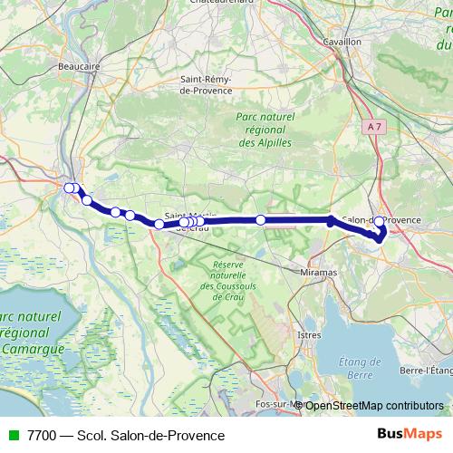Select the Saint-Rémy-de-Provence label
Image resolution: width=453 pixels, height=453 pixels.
click(x=207, y=84)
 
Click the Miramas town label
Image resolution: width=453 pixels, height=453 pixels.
click(x=316, y=272)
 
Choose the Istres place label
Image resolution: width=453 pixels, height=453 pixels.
click(x=309, y=334)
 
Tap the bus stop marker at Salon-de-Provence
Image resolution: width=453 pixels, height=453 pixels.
click(x=379, y=220)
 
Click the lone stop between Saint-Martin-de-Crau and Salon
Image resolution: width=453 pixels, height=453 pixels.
click(x=261, y=219)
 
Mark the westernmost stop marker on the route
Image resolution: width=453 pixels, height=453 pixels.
click(x=69, y=188)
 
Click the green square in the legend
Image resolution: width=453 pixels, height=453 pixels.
click(x=11, y=435)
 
